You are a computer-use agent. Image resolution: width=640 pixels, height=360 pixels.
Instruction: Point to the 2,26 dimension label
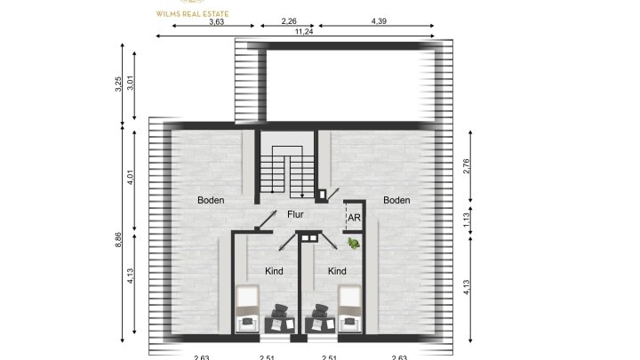click(288, 21)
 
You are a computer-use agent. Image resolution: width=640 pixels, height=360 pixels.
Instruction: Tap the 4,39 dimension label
click(379, 21)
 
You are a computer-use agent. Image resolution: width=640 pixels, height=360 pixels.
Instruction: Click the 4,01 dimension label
click(131, 177)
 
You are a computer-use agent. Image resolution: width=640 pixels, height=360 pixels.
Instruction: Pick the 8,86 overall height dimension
click(119, 240)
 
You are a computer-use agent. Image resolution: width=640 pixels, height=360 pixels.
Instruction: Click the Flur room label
click(296, 214)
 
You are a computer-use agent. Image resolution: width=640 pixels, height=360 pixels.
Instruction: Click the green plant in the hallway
click(353, 243)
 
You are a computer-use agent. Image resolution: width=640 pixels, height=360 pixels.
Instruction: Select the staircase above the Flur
click(287, 168)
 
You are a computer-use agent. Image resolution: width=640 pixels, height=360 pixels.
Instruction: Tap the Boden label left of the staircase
click(211, 201)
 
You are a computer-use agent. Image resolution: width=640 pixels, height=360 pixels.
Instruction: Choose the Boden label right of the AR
click(396, 201)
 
